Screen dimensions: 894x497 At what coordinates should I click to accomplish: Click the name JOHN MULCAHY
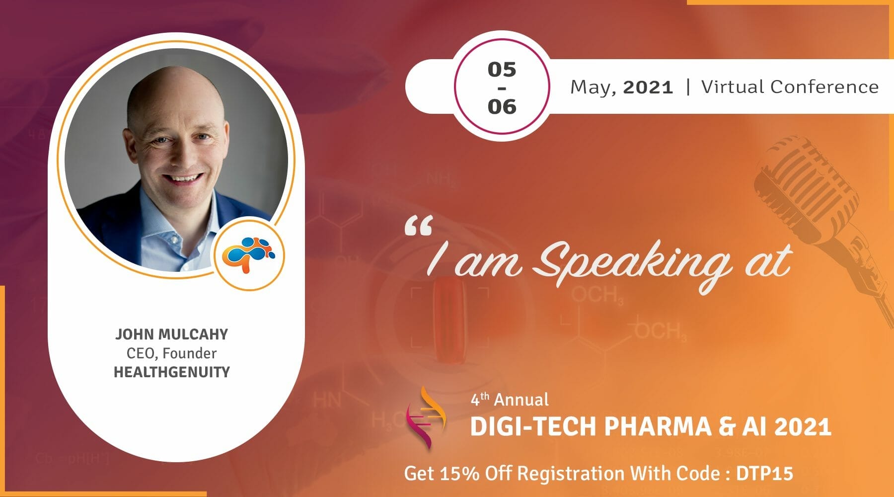coord(171,334)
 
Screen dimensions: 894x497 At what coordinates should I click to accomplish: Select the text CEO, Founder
coord(171,353)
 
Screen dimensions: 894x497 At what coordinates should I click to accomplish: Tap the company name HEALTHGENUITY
coord(171,372)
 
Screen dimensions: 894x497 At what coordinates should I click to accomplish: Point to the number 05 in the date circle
coord(502,70)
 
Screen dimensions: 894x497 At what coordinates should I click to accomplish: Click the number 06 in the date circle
coord(502,106)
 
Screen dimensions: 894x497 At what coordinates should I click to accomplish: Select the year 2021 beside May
coord(648,87)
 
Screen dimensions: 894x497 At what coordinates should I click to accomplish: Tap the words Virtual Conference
coord(790,87)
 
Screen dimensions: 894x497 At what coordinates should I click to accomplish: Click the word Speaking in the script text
coord(632,263)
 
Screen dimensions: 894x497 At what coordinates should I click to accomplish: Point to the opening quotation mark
coord(418,226)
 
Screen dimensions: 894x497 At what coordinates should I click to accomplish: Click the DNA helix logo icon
coord(426,417)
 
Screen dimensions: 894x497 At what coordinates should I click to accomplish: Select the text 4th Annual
coord(510,400)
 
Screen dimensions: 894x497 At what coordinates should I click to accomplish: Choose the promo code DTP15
coord(764,473)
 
